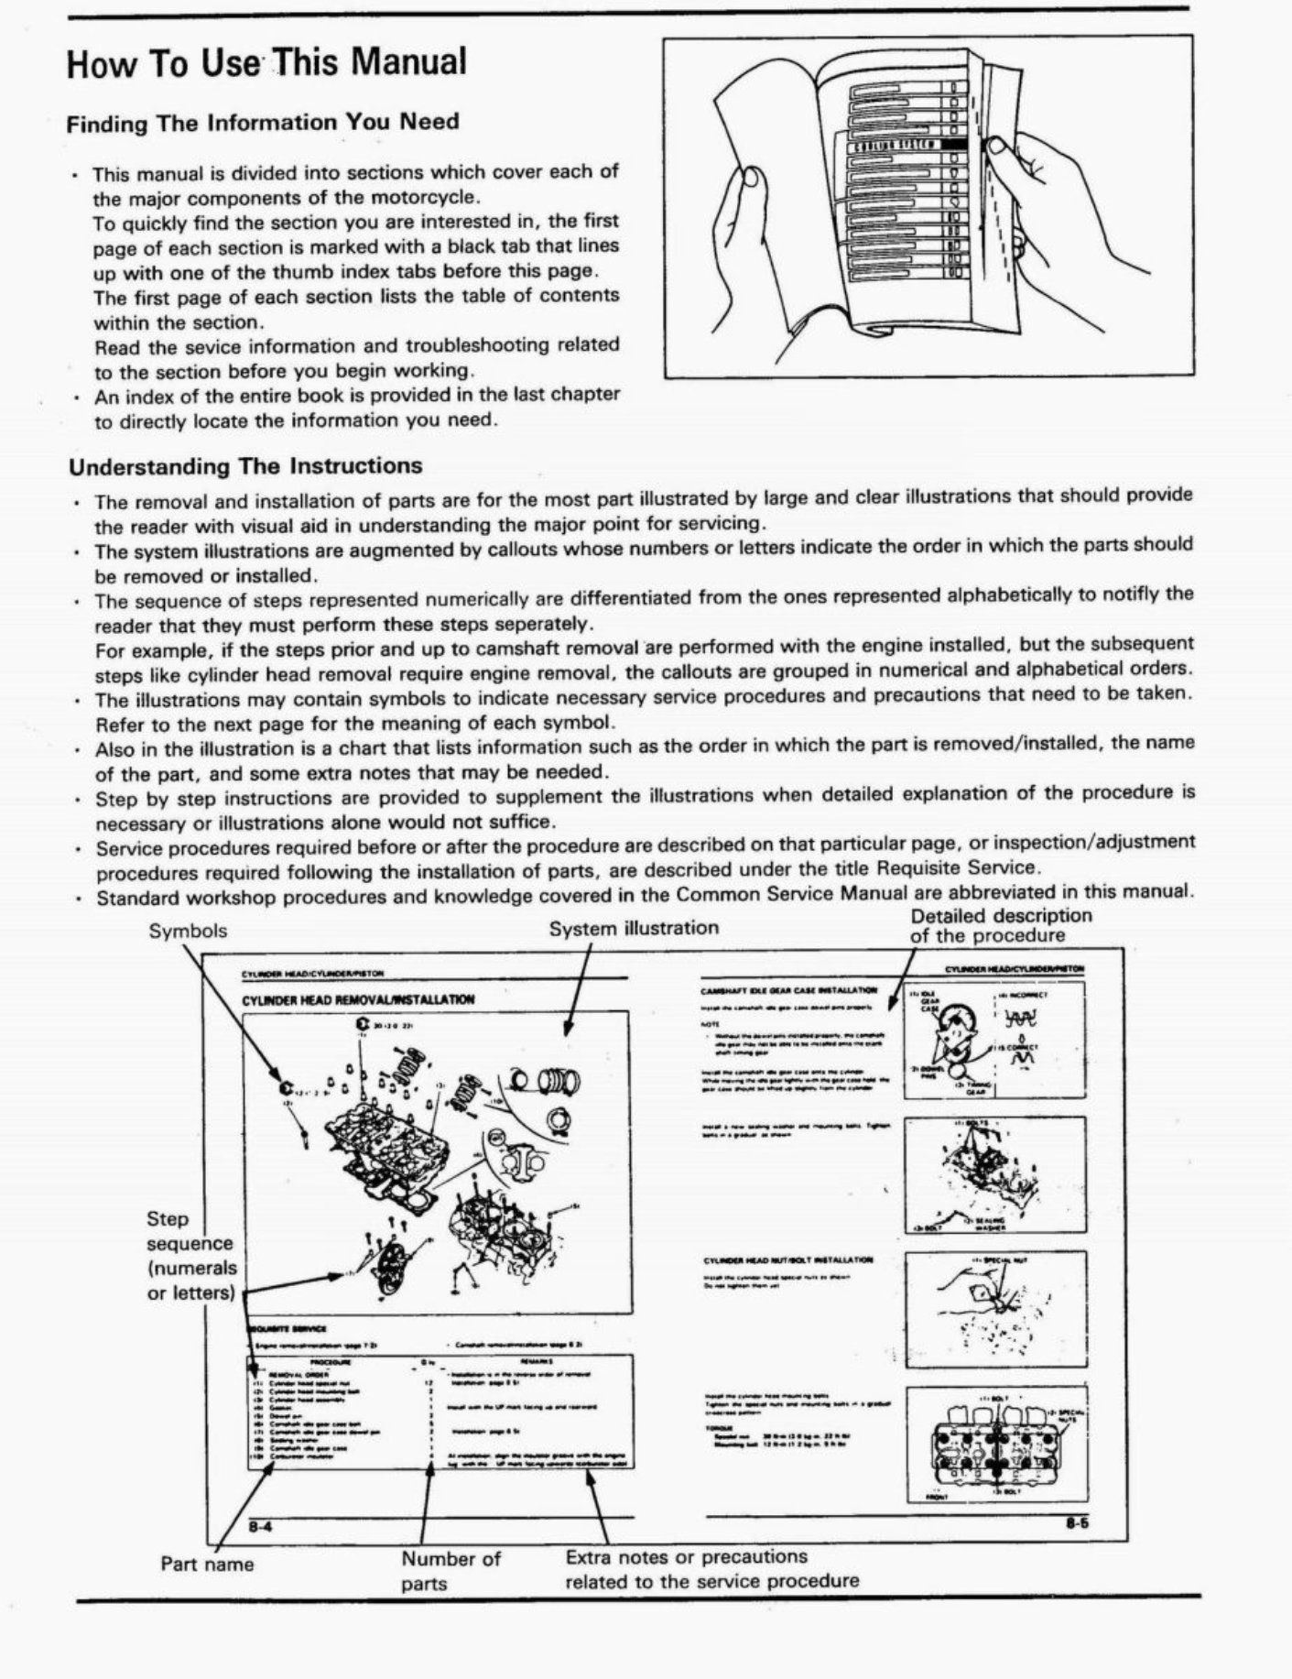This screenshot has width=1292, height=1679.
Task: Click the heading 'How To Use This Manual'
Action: [266, 62]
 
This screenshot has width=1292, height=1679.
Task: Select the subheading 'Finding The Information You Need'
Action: [263, 123]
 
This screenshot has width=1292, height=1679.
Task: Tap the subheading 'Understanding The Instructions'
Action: [245, 466]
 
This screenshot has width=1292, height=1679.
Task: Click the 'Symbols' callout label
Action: [188, 931]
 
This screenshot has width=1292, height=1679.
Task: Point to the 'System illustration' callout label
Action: [634, 928]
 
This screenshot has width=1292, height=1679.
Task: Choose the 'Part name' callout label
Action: [207, 1564]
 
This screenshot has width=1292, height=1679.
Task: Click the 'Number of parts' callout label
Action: [451, 1570]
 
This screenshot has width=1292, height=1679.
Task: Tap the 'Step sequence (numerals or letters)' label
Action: [191, 1256]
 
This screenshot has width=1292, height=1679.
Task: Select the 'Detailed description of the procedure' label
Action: [1000, 925]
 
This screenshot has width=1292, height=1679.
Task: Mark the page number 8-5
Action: [1075, 1525]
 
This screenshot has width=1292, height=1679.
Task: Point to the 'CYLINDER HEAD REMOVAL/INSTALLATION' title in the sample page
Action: [358, 999]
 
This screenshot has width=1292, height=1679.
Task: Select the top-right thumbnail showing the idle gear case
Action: [994, 1040]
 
